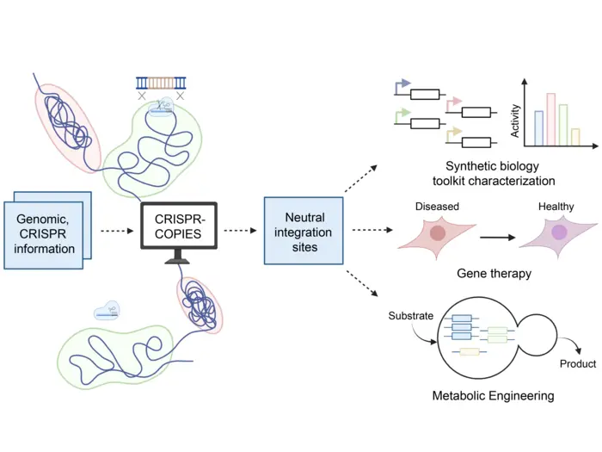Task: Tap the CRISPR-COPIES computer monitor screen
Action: pos(179,225)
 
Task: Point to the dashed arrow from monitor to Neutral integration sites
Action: pos(242,231)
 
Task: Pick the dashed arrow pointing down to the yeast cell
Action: pos(362,284)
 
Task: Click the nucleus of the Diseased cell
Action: pos(439,232)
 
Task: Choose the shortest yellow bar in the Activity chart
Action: pos(575,136)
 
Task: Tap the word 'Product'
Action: pos(577,363)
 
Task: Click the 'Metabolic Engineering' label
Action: pos(493,396)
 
